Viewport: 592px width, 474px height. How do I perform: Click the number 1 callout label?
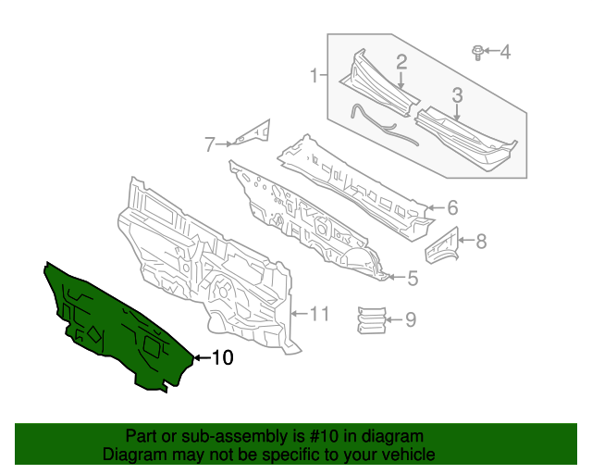314,75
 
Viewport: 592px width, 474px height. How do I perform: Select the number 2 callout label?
402,62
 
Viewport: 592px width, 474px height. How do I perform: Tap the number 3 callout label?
457,94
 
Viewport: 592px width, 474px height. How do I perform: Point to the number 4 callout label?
505,52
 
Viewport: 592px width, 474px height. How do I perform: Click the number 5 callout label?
413,277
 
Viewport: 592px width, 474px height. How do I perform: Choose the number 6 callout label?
452,207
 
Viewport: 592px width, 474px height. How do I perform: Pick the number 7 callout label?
210,143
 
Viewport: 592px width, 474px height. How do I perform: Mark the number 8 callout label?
480,242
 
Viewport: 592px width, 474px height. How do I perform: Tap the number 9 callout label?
411,320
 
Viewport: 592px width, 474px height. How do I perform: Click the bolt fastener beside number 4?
477,52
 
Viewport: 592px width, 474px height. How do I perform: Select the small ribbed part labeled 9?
370,317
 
